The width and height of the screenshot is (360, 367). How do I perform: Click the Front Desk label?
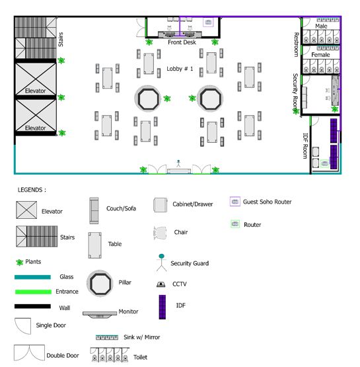coord(182,42)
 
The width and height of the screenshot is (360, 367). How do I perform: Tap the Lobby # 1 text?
coord(180,69)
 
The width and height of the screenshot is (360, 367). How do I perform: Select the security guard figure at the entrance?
coord(178,163)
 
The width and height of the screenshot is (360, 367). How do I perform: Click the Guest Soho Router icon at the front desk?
coord(208,22)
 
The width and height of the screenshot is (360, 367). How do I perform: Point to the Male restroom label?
coord(321,26)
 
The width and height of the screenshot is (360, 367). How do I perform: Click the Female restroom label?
coord(320,55)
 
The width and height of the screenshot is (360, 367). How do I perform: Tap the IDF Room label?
coord(305,146)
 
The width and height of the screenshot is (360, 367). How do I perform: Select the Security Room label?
coord(295,93)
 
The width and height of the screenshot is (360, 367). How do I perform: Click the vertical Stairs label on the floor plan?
coord(61,39)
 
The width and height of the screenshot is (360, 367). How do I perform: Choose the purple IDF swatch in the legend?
coord(162,307)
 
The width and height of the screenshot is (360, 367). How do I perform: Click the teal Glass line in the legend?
coord(32,277)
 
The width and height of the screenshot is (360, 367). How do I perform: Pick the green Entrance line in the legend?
coord(33,292)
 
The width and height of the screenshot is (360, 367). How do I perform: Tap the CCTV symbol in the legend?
coord(161,284)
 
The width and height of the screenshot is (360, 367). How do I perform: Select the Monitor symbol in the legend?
coord(100,314)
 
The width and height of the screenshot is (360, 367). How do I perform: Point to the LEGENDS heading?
coord(32,190)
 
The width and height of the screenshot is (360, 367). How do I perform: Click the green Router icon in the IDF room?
coord(324,163)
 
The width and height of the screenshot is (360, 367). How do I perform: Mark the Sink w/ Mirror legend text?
coord(141,337)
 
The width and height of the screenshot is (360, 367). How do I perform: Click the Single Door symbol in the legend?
coord(22,326)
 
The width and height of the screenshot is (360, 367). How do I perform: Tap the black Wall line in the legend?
coord(32,306)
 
